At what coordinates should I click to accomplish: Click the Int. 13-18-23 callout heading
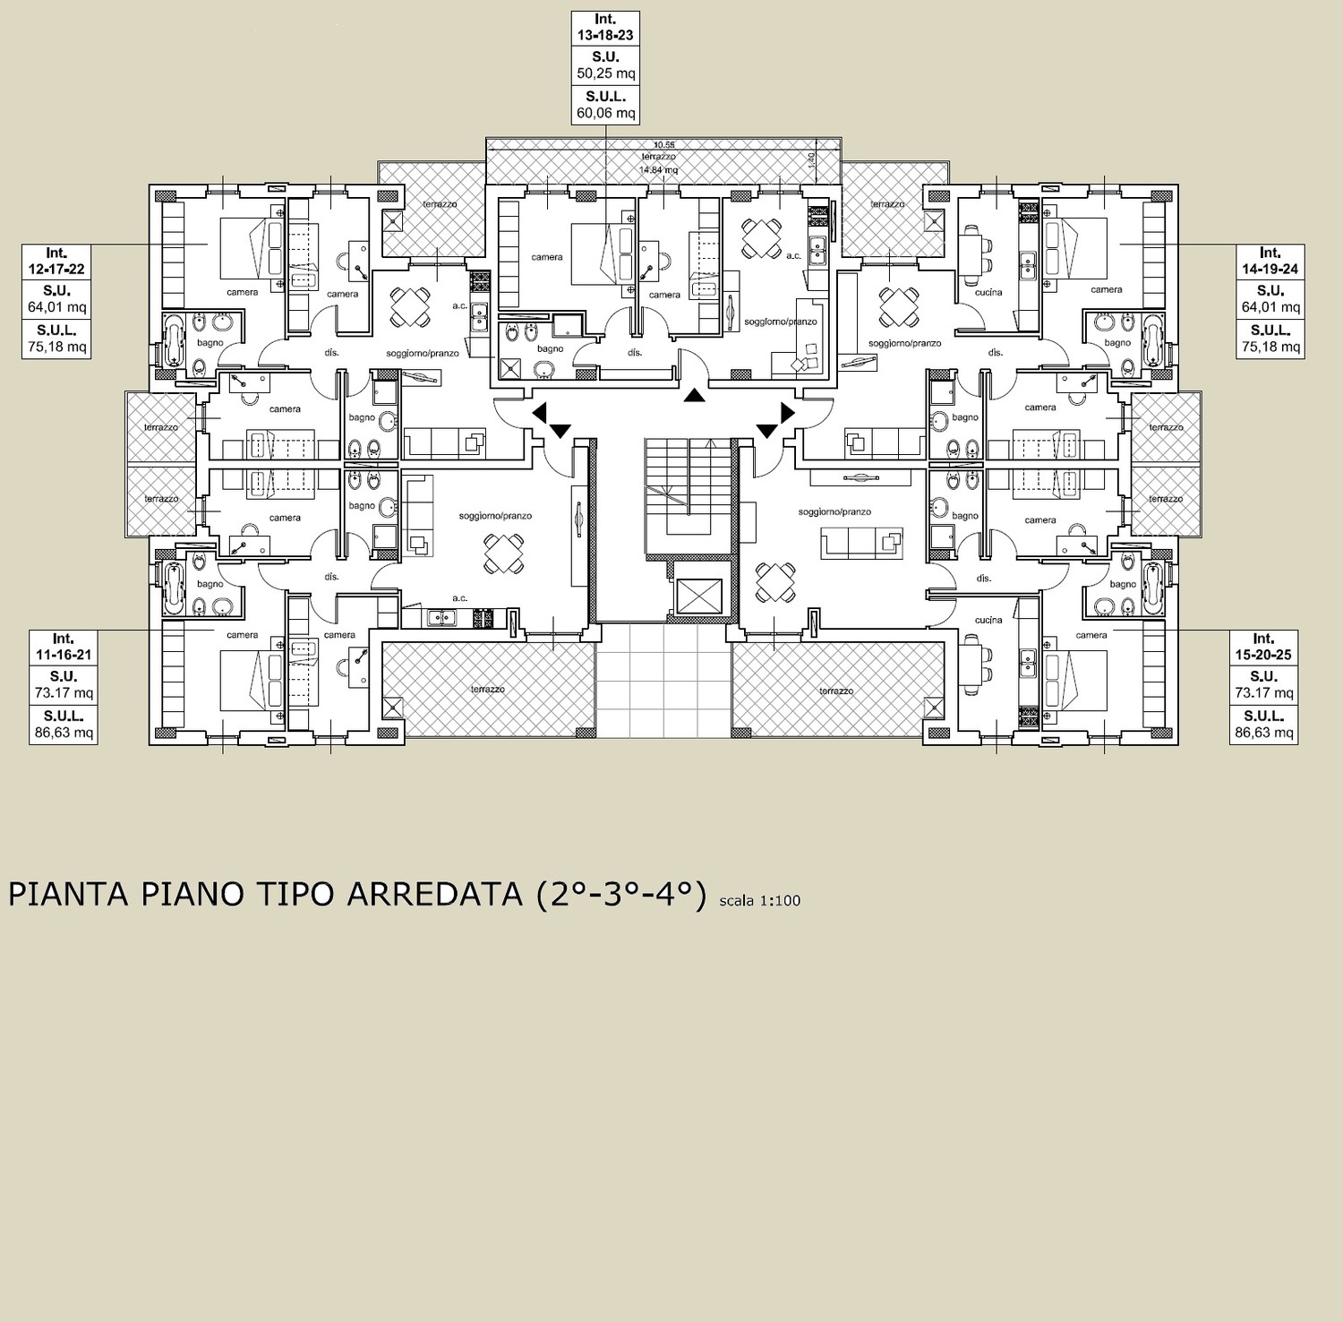605,27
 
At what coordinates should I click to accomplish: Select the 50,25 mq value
606,73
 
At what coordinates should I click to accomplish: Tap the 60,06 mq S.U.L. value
606,113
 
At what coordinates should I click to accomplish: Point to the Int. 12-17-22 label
56,261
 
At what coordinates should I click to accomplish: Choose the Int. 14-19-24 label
1270,261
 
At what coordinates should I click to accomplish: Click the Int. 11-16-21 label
63,647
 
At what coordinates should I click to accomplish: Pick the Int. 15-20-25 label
1263,647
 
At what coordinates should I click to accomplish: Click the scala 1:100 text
759,901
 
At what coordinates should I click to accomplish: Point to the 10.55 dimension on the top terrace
663,145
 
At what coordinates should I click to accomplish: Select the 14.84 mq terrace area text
658,169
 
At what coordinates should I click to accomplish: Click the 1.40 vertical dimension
811,159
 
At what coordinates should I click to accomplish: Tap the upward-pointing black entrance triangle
693,395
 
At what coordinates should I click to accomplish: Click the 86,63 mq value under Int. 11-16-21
63,733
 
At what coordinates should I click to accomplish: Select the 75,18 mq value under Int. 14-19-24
1270,347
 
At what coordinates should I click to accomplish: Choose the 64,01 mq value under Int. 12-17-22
56,307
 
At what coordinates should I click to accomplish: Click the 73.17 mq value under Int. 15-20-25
1263,693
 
